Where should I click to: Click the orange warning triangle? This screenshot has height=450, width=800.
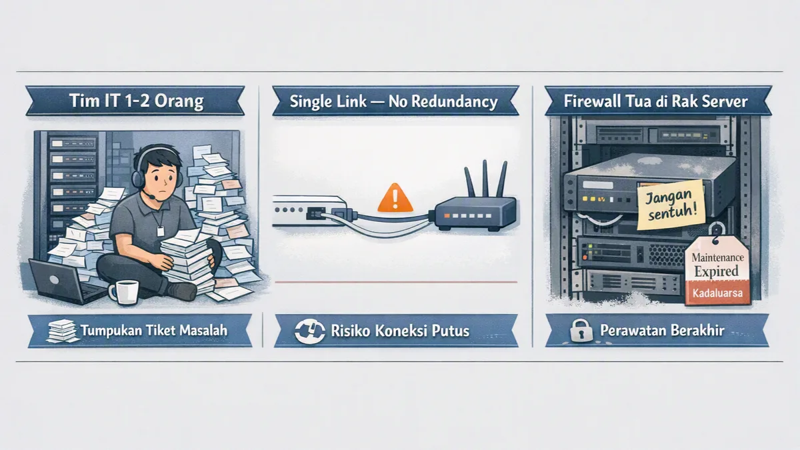coord(395,198)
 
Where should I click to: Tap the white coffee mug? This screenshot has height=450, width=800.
coord(124,292)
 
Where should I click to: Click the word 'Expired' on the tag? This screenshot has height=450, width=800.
coord(716,271)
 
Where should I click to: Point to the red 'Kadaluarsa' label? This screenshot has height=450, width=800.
coord(717,293)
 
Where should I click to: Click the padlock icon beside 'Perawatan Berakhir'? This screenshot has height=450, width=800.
coord(581,331)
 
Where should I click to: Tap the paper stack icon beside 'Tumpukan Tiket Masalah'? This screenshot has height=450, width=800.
coord(63,331)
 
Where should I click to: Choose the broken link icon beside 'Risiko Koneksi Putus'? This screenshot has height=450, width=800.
coord(309,331)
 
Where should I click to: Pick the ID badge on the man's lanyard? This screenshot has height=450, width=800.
coord(161,231)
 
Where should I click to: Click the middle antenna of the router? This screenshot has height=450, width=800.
coord(485,179)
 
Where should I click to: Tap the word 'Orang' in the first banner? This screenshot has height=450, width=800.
coord(179,101)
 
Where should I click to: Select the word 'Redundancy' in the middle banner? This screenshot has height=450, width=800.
coord(455,102)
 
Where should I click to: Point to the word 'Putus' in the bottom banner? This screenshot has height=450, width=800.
coord(451,331)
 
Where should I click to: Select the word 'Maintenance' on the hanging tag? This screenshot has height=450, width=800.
coord(717,257)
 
